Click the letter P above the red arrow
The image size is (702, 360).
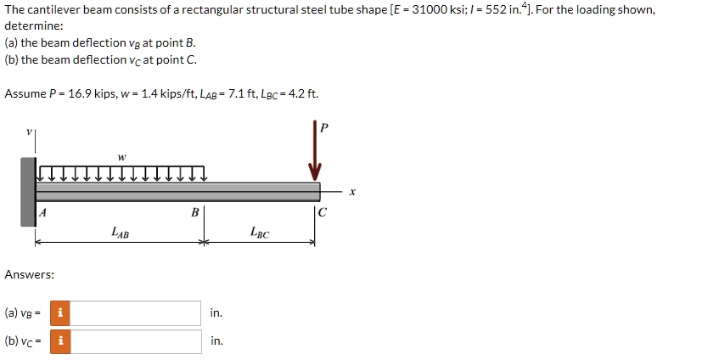pyautogui.click(x=323, y=127)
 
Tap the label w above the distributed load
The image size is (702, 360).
pyautogui.click(x=121, y=156)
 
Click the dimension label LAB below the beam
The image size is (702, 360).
pyautogui.click(x=121, y=231)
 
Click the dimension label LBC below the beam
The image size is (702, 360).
pyautogui.click(x=260, y=231)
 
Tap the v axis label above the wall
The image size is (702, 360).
pyautogui.click(x=28, y=132)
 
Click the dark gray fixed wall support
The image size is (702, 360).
pyautogui.click(x=28, y=192)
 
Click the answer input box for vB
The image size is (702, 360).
pyautogui.click(x=137, y=313)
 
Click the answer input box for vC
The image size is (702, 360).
pyautogui.click(x=137, y=341)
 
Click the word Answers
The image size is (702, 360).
pyautogui.click(x=30, y=274)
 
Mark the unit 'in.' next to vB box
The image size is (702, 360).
pyautogui.click(x=216, y=313)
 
